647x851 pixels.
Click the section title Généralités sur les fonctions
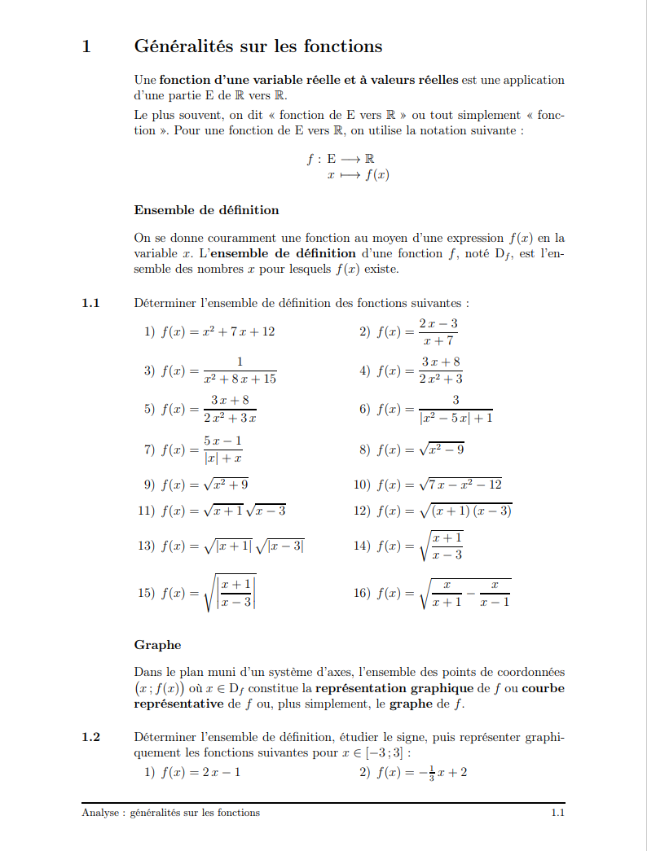257,46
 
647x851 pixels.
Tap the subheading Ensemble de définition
206,210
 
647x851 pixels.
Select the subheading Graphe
157,645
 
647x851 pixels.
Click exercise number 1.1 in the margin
90,303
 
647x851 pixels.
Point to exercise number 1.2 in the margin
90,737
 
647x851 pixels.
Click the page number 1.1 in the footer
557,813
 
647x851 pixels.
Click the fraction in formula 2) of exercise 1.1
438,331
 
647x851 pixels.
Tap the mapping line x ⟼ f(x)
357,174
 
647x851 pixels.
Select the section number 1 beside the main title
86,46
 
